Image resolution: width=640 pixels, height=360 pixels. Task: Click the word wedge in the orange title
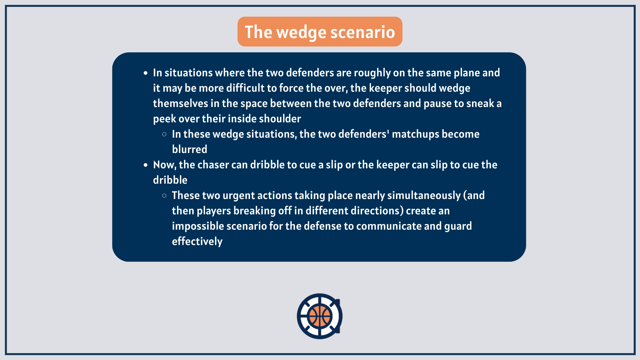click(301, 33)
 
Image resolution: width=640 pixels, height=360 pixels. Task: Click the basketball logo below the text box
click(320, 316)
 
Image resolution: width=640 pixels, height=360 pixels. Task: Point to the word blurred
click(189, 149)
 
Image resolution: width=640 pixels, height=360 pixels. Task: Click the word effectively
click(197, 241)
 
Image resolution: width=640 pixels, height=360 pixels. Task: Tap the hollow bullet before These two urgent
click(164, 196)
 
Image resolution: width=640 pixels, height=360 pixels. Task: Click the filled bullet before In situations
click(145, 73)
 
